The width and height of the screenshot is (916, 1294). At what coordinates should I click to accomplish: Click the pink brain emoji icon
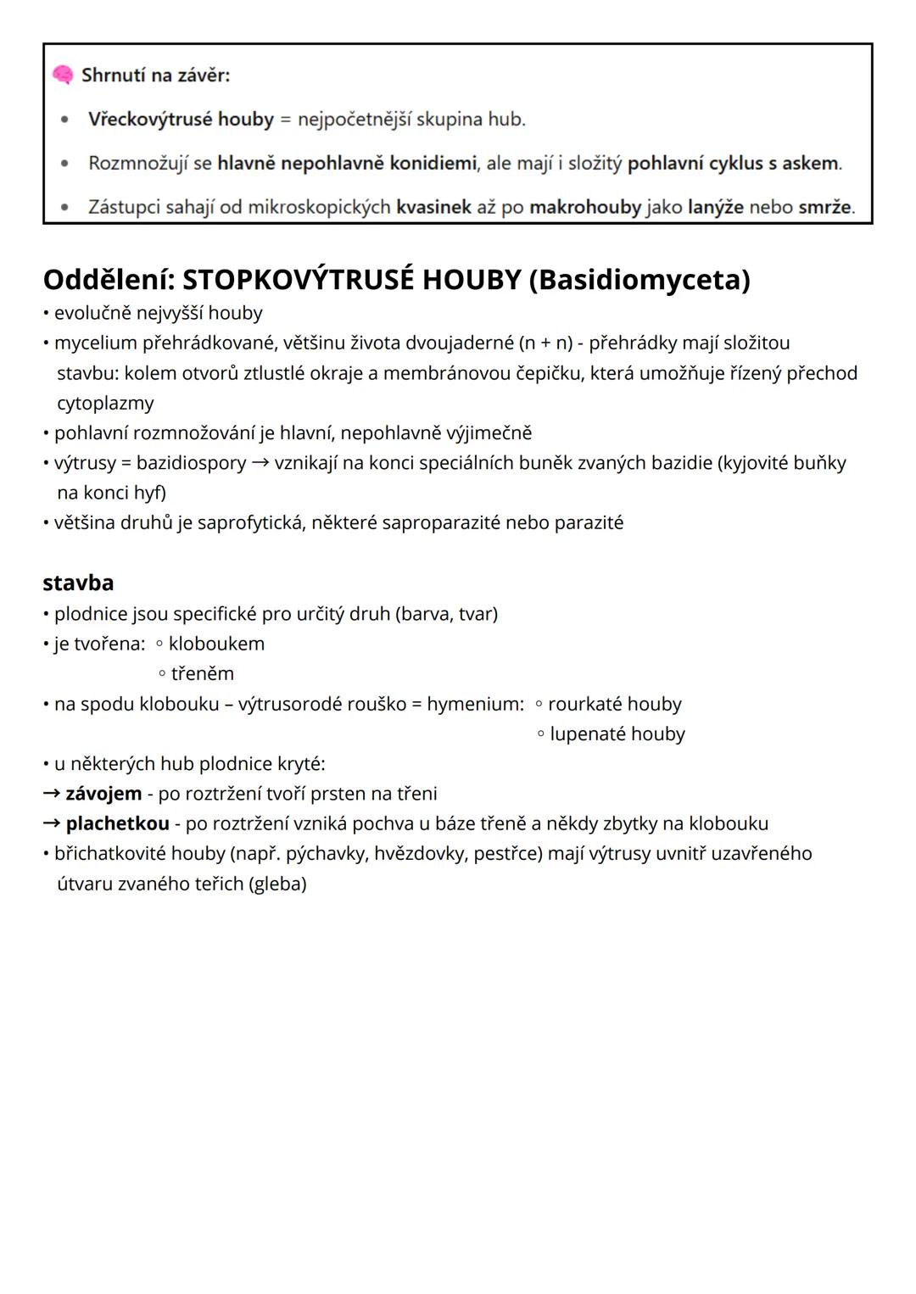point(63,75)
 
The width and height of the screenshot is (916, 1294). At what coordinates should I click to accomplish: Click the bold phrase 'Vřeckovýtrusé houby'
point(181,120)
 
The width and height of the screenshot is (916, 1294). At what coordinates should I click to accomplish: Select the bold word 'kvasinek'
point(433,207)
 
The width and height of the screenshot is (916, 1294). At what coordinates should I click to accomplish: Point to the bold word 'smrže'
point(824,207)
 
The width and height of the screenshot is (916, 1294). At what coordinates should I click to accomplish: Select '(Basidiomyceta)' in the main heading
point(639,279)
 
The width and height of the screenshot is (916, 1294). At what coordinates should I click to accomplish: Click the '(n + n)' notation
point(545,343)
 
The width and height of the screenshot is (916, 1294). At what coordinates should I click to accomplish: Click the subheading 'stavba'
point(78,583)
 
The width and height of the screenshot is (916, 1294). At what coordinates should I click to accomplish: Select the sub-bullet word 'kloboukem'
point(216,644)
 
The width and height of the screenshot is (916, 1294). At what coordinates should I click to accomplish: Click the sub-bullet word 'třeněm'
point(202,674)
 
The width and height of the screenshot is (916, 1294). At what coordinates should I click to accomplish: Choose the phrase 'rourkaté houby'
point(614,704)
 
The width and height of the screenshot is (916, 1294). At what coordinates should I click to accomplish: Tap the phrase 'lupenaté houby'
point(617,734)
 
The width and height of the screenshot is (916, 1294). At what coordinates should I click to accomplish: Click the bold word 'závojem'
point(103,794)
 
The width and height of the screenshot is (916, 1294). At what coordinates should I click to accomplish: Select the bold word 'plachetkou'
point(117,823)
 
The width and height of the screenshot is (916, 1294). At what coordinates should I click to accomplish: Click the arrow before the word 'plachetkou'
point(52,823)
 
